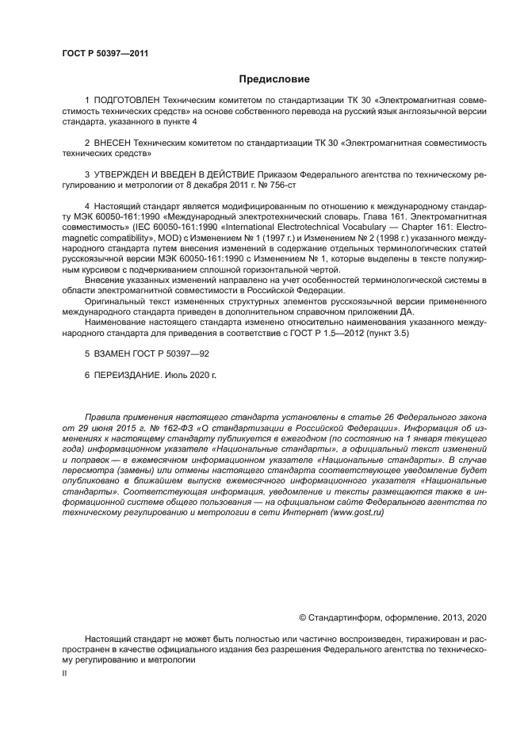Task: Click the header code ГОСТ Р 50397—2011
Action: point(105,54)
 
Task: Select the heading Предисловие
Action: point(274,79)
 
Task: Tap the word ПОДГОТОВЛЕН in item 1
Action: point(127,102)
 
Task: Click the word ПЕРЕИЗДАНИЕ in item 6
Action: point(131,372)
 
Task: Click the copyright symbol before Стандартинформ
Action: point(302,617)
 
